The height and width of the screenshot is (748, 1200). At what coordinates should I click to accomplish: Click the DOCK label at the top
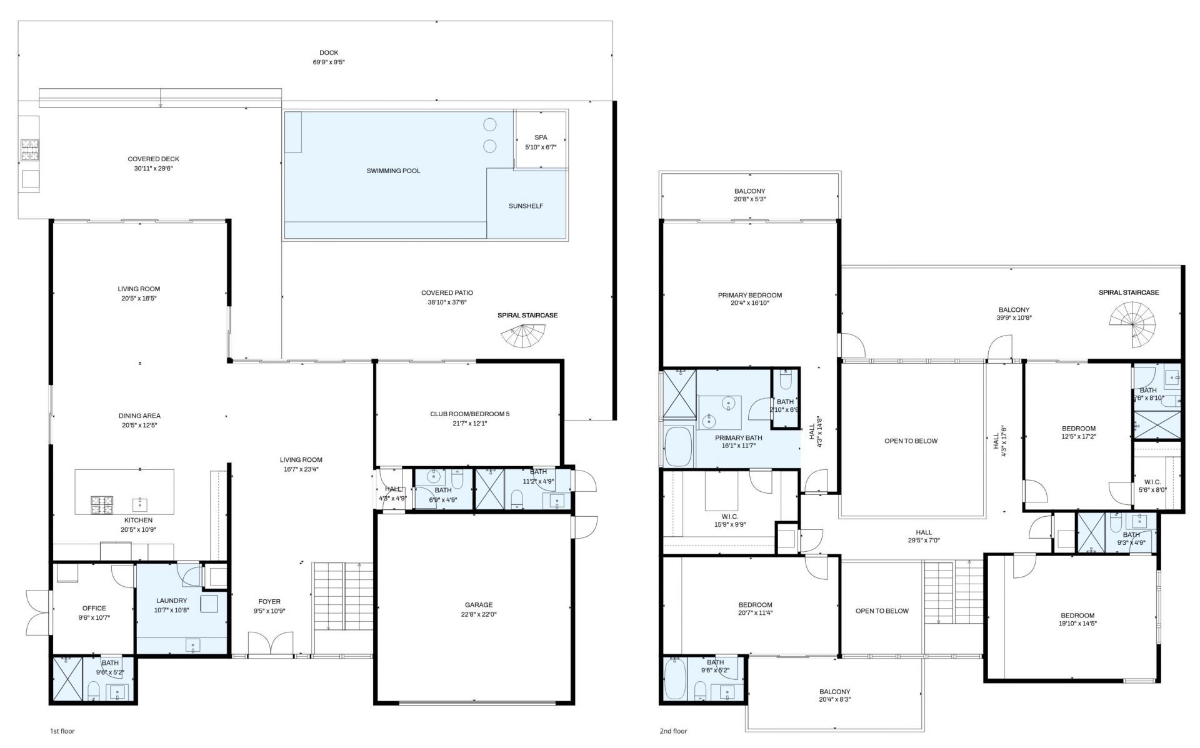tap(329, 53)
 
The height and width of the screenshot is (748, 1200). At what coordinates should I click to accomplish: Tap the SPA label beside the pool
tap(541, 137)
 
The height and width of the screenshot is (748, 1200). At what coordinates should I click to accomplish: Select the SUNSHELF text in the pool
tap(526, 206)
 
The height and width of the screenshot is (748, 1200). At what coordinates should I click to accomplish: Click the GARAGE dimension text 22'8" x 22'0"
tap(479, 614)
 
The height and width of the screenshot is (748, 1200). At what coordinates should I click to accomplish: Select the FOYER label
tap(269, 602)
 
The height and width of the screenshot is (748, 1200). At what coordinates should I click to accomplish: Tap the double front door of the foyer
tap(270, 644)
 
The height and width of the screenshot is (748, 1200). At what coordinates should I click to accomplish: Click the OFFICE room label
tap(94, 608)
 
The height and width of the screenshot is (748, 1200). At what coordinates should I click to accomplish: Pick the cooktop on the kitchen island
tap(102, 505)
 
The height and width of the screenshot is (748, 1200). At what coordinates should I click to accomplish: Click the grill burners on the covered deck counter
tap(29, 150)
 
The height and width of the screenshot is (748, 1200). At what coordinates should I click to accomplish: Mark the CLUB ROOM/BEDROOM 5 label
tap(469, 414)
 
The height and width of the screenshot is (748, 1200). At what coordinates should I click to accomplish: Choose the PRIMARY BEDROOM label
tap(749, 296)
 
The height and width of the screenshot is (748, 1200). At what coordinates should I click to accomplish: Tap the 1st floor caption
tap(62, 731)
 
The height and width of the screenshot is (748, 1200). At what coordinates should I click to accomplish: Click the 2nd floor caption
tap(673, 731)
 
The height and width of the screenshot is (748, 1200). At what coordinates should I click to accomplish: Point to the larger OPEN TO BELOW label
tap(911, 441)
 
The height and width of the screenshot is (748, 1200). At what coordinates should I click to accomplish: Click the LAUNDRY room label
tap(171, 601)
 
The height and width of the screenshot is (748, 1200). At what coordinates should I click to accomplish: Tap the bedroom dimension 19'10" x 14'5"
tap(1077, 624)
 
